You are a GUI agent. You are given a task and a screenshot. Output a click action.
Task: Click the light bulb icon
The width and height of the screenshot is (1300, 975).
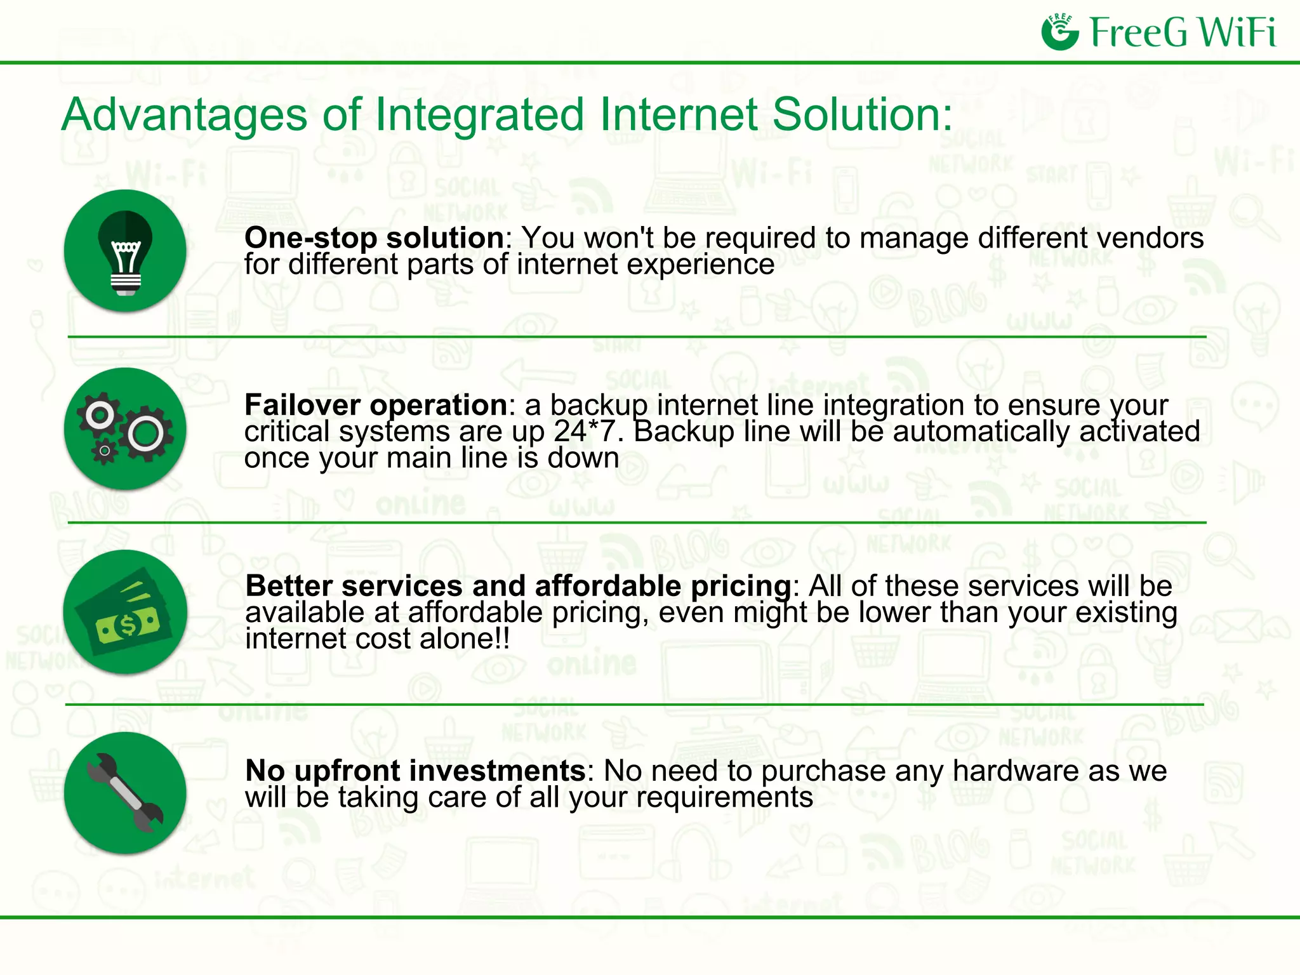125,251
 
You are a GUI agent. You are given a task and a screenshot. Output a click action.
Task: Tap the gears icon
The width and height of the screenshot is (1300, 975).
125,429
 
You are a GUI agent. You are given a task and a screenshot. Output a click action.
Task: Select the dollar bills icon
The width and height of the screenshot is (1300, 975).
125,612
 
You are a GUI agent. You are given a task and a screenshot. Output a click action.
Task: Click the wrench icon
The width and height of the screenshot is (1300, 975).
125,793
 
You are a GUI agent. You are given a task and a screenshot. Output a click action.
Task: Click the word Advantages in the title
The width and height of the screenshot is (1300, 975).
185,116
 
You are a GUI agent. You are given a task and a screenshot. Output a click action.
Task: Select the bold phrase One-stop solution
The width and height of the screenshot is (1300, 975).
375,238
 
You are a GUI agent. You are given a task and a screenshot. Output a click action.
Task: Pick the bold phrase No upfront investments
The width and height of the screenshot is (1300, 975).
415,771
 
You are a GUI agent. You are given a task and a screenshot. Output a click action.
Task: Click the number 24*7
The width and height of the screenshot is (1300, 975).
585,432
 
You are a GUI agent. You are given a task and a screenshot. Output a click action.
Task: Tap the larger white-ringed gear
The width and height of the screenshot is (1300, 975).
147,434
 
